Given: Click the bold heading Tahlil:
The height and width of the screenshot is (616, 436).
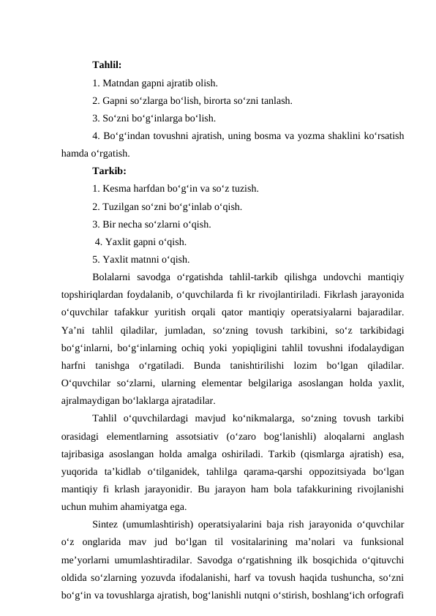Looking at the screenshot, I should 107,65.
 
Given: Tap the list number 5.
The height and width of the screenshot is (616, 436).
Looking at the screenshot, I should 96,259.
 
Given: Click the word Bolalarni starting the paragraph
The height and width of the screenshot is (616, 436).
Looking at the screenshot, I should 115,277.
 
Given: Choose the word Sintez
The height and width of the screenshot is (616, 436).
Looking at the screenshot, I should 108,524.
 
